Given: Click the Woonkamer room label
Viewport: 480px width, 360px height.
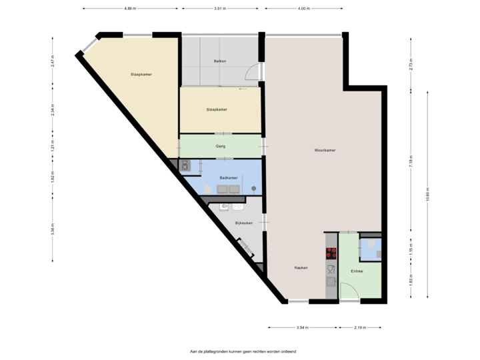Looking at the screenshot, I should tap(325, 151).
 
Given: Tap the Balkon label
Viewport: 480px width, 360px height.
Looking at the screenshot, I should tap(219, 61).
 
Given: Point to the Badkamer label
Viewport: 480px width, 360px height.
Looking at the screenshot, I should tap(229, 178).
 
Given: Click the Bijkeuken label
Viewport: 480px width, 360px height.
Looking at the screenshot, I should tap(243, 223).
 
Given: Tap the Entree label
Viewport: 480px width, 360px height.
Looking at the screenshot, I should tap(357, 271).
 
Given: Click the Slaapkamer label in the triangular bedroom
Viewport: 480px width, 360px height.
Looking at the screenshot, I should tap(141, 74).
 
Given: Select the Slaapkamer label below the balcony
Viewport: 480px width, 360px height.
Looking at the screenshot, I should tap(217, 109).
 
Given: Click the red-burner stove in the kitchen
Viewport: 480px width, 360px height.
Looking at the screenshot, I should tap(331, 253).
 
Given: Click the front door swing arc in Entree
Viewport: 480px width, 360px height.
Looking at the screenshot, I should tap(348, 291).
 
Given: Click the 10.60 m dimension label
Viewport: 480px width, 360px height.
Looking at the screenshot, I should tap(427, 197).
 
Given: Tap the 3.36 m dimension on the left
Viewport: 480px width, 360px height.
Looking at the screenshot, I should tap(53, 229).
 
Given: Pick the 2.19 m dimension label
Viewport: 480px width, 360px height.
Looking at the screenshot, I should tap(360, 327).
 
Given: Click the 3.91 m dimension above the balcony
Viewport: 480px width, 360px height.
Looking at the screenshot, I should tap(219, 9).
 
